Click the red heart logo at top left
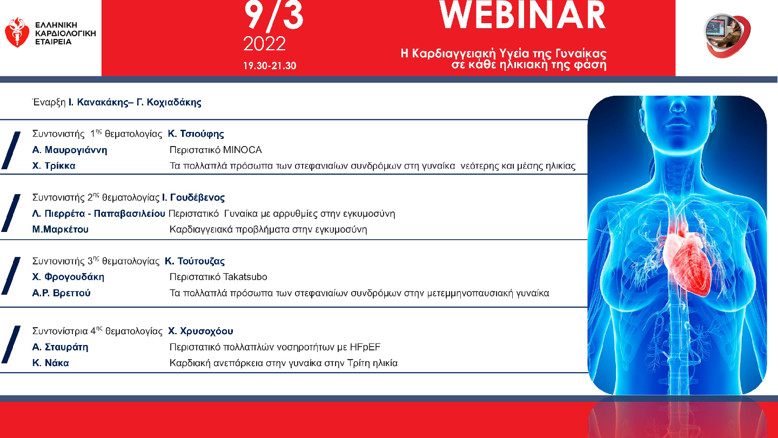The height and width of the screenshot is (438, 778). [x=17, y=32]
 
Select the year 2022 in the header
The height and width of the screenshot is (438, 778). [x=264, y=44]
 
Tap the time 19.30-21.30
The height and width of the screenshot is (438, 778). [x=270, y=66]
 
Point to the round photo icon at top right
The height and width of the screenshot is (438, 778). [x=727, y=36]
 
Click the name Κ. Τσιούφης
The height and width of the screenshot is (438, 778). [x=196, y=134]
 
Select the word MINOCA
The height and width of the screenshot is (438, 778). [x=243, y=150]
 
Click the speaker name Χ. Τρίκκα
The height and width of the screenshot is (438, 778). [x=54, y=165]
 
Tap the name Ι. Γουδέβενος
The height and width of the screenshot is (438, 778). [x=193, y=197]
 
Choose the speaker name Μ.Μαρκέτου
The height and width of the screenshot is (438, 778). [x=61, y=229]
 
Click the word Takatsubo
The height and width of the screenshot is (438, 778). [x=245, y=277]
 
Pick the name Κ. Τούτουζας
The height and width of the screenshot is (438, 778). [x=195, y=261]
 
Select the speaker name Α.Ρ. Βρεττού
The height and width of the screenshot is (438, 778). [x=62, y=293]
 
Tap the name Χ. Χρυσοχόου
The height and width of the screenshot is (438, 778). [x=200, y=331]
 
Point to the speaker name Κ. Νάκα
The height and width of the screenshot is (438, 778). [x=51, y=363]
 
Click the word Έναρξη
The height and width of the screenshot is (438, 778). [x=49, y=102]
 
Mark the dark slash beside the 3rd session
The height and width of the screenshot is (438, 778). [x=11, y=276]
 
